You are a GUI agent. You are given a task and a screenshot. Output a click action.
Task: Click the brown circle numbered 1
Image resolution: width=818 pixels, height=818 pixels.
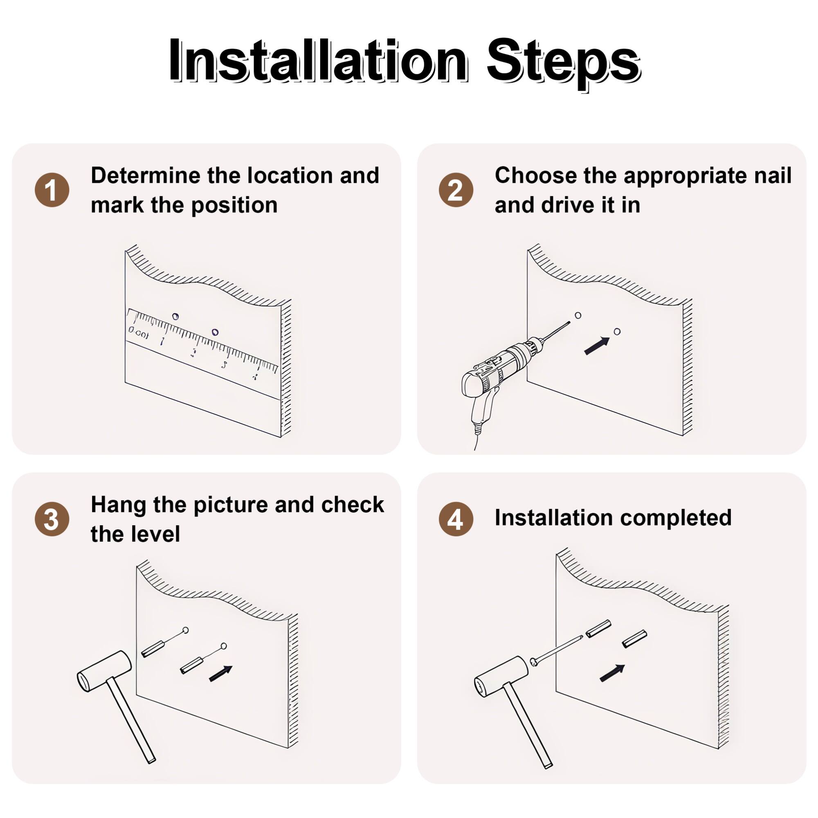click(x=52, y=190)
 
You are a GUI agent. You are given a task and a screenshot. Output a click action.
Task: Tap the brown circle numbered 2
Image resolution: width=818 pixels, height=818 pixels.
click(x=456, y=190)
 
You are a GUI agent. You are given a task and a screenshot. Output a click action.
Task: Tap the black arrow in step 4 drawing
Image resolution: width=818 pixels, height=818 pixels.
click(x=612, y=673)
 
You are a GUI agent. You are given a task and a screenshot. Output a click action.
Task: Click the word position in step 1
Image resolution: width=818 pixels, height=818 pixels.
click(x=234, y=205)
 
